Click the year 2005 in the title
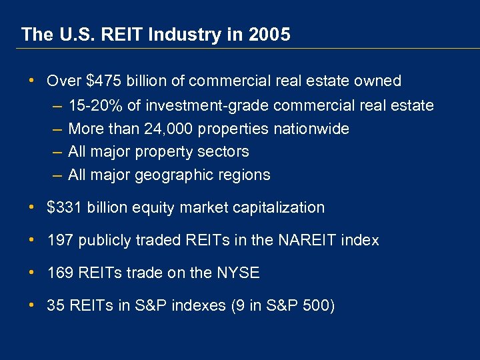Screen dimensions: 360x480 [x=272, y=35]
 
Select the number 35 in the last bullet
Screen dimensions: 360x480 [x=55, y=305]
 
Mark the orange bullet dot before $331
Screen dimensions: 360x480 [x=33, y=207]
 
